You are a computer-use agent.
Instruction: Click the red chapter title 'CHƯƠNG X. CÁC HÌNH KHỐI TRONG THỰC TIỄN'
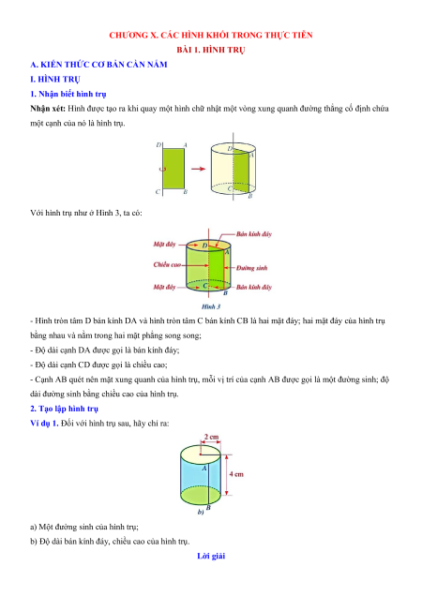coord(211,36)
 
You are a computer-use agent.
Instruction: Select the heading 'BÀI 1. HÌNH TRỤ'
coord(211,50)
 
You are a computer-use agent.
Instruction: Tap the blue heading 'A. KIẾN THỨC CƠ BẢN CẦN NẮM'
coord(99,65)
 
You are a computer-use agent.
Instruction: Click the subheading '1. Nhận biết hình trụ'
coord(68,94)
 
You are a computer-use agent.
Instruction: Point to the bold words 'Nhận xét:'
coord(48,109)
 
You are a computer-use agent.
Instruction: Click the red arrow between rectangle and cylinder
coord(198,169)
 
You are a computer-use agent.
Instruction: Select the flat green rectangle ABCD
coord(173,169)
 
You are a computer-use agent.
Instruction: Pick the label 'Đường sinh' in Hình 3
coord(251,268)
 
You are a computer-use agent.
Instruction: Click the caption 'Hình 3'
coord(211,306)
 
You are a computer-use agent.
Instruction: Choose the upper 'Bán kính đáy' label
coord(254,234)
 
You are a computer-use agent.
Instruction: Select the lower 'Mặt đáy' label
coord(164,287)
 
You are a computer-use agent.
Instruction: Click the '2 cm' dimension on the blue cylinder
coord(211,437)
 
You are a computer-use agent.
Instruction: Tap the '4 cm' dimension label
coord(236,474)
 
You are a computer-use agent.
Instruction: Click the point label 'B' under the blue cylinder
coord(208,508)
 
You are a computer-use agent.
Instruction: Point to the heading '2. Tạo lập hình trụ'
coord(65,409)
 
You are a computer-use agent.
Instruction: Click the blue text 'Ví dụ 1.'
coord(44,423)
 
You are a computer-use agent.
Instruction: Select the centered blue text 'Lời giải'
coord(211,556)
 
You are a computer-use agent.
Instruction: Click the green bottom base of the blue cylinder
coord(200,496)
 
